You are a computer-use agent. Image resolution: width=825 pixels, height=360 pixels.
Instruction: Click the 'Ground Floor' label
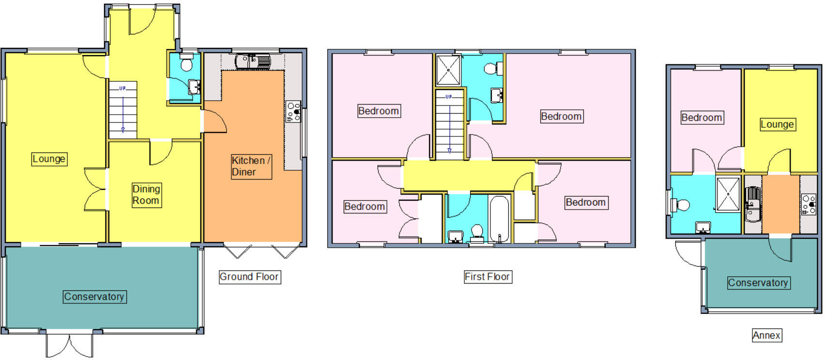click(249, 277)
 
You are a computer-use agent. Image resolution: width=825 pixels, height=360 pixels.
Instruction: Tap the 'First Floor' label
click(487, 277)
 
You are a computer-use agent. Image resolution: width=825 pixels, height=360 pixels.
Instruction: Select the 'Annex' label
click(766, 335)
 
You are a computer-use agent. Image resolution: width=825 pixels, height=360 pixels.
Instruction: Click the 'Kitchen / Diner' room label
click(251, 166)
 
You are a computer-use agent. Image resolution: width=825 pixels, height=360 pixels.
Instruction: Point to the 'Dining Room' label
click(146, 195)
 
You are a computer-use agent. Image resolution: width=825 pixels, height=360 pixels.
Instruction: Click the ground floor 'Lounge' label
click(49, 159)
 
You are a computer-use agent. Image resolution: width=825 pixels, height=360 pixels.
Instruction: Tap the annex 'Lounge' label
click(777, 124)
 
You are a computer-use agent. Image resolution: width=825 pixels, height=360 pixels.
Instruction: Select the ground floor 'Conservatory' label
click(94, 297)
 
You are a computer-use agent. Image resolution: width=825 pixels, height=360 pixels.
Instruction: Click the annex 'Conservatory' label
click(758, 283)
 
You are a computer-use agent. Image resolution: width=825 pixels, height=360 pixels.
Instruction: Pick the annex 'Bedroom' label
click(702, 118)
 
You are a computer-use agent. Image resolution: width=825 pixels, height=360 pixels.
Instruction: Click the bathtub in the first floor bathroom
click(499, 218)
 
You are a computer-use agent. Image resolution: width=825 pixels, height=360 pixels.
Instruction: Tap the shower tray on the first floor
click(448, 70)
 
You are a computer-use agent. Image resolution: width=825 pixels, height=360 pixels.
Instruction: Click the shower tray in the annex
click(728, 194)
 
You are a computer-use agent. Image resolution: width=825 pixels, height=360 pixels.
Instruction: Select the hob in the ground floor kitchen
click(293, 112)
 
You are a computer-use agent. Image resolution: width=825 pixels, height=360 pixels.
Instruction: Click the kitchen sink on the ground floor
click(253, 61)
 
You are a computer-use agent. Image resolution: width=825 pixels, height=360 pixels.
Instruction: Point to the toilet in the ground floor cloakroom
click(186, 64)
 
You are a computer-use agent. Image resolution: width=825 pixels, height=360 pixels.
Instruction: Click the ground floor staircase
click(122, 110)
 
